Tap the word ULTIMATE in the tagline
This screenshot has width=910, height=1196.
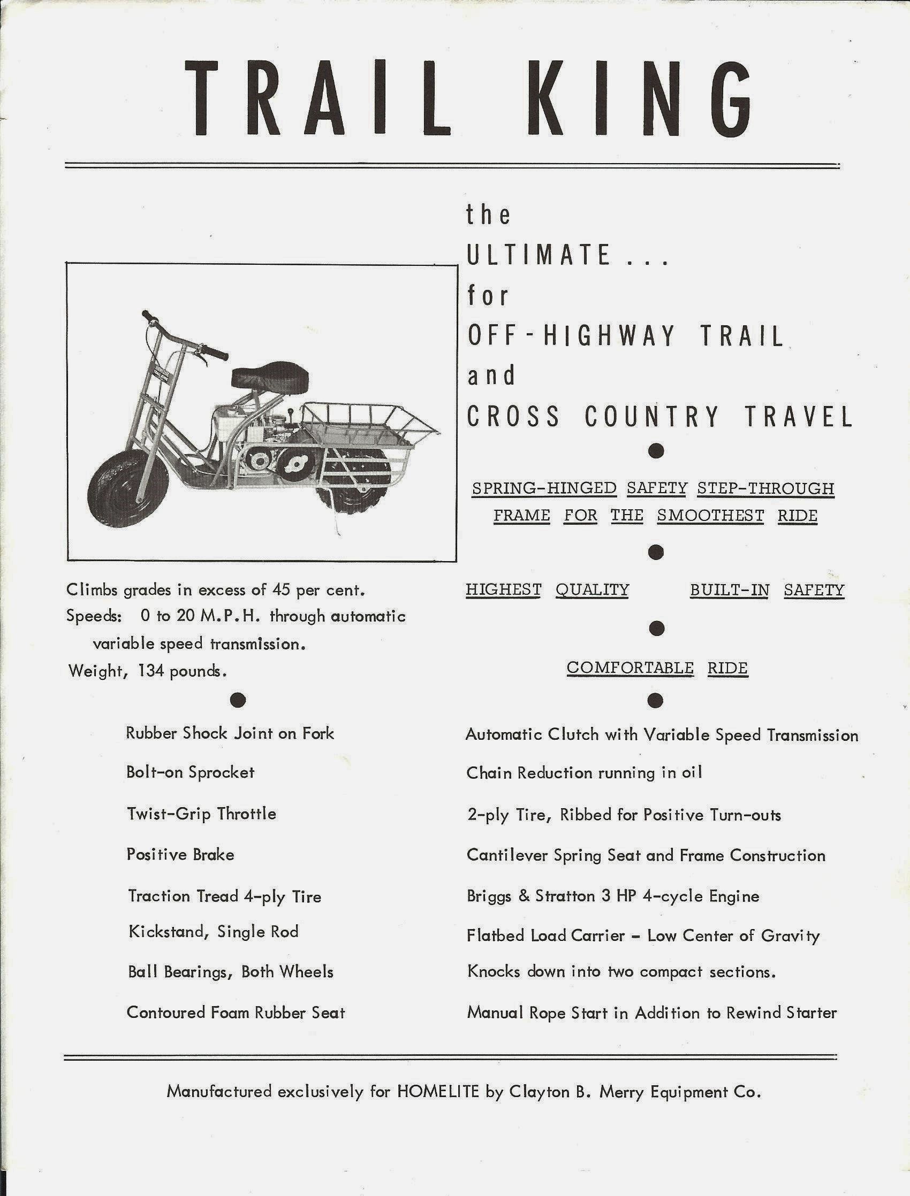(x=539, y=255)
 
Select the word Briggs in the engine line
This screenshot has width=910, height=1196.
(x=489, y=896)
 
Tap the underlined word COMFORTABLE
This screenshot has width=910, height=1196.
(x=630, y=668)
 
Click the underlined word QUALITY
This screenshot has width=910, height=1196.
(x=592, y=589)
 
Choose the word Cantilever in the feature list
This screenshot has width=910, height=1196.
(x=507, y=855)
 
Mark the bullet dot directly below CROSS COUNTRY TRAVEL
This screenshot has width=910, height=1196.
(x=656, y=451)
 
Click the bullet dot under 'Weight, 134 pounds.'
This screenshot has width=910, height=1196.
(x=238, y=700)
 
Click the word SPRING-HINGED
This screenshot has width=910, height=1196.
(x=544, y=488)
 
